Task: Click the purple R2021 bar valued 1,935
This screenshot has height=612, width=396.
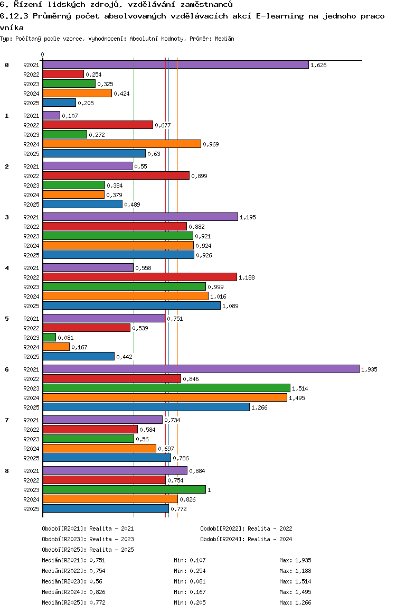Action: pos(201,369)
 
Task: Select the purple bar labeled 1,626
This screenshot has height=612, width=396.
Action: pos(175,64)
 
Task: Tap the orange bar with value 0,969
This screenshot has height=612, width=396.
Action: pos(121,144)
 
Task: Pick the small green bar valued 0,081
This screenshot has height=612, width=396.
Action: pos(49,337)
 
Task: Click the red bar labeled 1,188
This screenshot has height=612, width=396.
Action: pos(139,277)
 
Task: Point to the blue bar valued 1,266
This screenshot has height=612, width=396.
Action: pos(146,407)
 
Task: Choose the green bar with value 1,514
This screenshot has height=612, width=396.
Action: pos(166,388)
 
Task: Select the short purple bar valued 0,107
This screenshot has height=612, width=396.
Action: pos(51,115)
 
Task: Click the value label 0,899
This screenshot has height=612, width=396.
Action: pos(199,176)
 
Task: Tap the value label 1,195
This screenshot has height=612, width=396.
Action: pos(248,217)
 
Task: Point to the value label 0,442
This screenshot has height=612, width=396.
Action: pos(124,357)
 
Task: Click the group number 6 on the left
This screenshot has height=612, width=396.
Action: pos(7,369)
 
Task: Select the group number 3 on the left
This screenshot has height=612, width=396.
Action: pos(7,217)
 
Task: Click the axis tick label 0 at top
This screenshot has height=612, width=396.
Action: pos(43,54)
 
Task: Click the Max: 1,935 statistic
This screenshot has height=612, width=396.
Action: pos(295,560)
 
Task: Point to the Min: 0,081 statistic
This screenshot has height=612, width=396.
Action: pos(190,581)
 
